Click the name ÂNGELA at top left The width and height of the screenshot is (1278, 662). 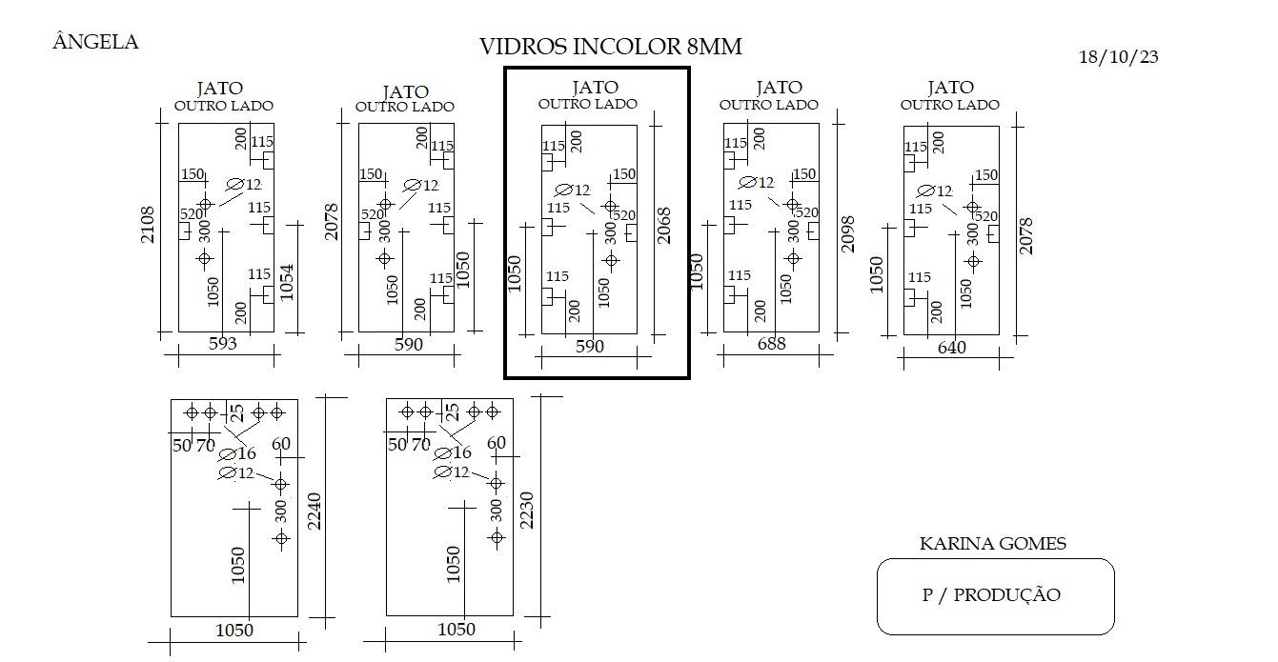coord(95,42)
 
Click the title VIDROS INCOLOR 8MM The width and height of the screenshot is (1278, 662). coord(611,47)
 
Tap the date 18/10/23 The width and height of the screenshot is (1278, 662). coord(1118,57)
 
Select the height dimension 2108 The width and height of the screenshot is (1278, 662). coord(147,225)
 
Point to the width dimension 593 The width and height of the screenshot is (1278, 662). coord(222,343)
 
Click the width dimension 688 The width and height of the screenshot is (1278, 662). coord(771,344)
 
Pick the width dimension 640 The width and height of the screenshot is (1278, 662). coord(952,348)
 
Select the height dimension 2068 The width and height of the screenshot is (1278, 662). coord(664,226)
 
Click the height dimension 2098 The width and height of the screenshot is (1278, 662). coord(848,233)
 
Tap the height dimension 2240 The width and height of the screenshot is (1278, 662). coord(314,512)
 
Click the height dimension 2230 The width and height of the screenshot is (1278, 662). coord(527,511)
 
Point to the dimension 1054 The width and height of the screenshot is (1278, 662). coord(287,282)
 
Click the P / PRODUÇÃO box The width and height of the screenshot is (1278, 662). coord(995,596)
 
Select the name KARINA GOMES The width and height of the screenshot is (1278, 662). coord(993,543)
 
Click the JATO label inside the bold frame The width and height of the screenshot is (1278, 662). coord(595,88)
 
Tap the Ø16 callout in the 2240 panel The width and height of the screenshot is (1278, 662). coord(237,454)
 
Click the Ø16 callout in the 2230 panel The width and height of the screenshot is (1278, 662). coord(453,453)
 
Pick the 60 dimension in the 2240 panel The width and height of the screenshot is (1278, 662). coord(281,444)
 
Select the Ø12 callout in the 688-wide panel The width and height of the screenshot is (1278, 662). coord(756,183)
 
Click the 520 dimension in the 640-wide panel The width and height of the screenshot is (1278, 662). coord(985,216)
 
